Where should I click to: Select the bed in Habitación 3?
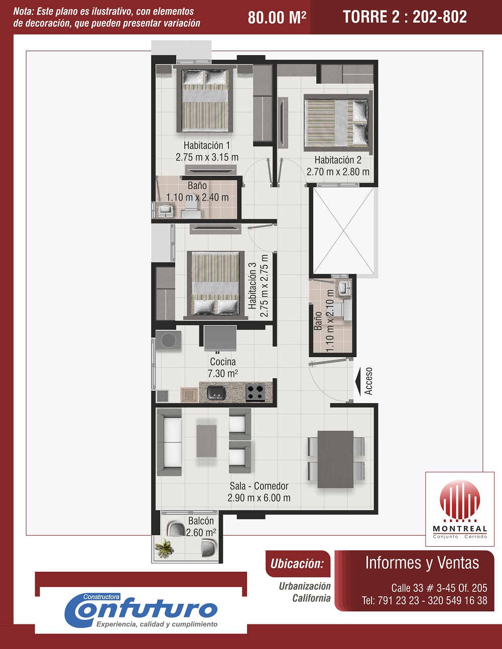(215, 283)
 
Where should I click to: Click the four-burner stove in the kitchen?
(256, 392)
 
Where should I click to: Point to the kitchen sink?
(217, 393)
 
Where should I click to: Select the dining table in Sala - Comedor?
(335, 459)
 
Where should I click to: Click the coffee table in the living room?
(206, 441)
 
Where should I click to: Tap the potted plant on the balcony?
(164, 548)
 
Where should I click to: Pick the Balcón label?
(201, 521)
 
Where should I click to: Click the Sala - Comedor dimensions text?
(259, 498)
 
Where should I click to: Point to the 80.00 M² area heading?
(277, 17)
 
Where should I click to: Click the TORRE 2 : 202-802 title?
(405, 17)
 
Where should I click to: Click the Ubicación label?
(297, 564)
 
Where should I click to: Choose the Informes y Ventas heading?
(422, 563)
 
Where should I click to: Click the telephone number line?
(425, 600)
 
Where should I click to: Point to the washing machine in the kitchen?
(168, 340)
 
